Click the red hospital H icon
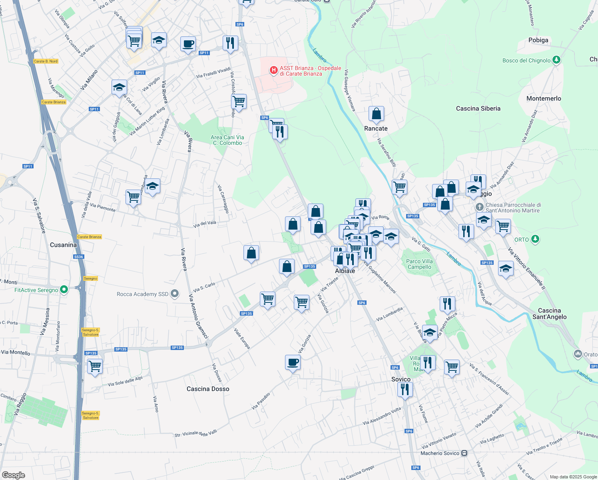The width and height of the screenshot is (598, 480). point(273,70)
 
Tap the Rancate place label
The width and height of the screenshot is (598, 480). point(376,128)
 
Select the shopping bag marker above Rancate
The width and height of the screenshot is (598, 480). point(376,114)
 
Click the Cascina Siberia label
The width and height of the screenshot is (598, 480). point(478,108)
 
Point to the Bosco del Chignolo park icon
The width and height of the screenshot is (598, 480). point(556,60)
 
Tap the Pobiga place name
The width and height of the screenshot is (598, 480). point(538,40)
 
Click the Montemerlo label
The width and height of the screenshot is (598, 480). point(544,98)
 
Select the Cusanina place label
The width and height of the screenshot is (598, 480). point(63,245)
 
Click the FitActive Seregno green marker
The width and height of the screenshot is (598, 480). point(64,290)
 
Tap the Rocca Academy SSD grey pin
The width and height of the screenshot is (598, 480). point(175,294)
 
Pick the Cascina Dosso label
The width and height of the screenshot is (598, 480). point(208,389)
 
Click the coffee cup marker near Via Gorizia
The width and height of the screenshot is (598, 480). point(293,362)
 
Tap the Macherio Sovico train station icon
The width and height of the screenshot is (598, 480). point(464,453)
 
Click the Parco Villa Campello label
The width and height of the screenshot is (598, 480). point(419,264)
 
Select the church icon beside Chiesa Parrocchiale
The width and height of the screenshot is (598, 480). point(480,207)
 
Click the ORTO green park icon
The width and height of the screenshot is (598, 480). point(535,239)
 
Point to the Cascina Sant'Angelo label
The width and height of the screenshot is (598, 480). point(549,314)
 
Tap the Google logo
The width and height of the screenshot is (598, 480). point(14,475)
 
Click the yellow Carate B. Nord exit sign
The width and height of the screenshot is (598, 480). point(46,61)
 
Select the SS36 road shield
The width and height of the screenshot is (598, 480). point(79,257)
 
